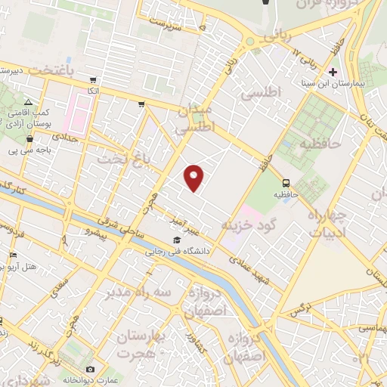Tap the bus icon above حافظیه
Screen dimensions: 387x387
[286, 182]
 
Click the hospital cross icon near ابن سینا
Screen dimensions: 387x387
[333, 73]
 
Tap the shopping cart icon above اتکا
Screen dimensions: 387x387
[93, 80]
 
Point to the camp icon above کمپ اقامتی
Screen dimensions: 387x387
[28, 102]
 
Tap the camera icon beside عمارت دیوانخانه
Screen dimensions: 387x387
[91, 368]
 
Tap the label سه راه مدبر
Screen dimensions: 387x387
[139, 291]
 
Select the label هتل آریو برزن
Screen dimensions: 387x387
[30, 266]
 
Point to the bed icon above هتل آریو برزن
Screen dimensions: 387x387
[13, 255]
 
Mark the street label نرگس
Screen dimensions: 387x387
[301, 309]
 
